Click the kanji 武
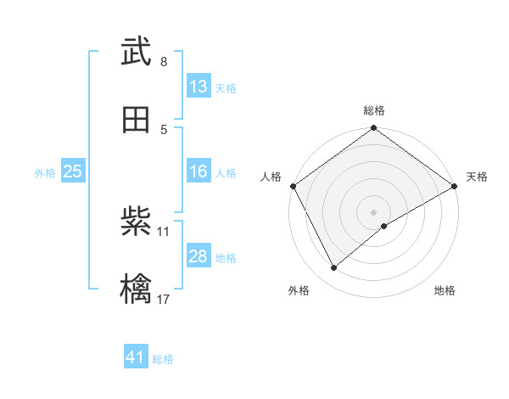[x=136, y=53]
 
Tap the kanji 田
[x=136, y=121]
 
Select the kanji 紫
[x=136, y=222]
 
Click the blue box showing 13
[x=198, y=87]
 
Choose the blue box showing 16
[x=198, y=171]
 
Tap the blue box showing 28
[x=198, y=256]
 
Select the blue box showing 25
[x=72, y=171]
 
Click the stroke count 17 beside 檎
[x=165, y=299]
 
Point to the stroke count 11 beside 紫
[x=164, y=231]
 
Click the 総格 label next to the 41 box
[x=163, y=359]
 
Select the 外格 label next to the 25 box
[x=45, y=172]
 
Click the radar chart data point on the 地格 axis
[x=384, y=226]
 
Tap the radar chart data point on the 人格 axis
[x=293, y=186]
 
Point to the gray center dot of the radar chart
[x=373, y=211]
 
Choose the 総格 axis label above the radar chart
[x=374, y=110]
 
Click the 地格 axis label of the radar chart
[x=445, y=290]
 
